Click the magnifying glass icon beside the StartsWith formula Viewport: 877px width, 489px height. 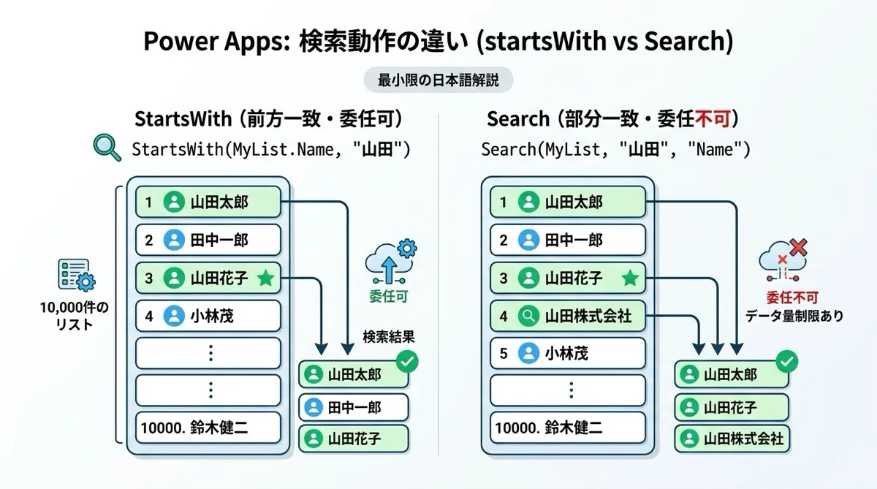pyautogui.click(x=106, y=147)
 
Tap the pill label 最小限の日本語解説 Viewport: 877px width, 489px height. pyautogui.click(x=438, y=80)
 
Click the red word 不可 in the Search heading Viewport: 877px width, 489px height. pyautogui.click(x=712, y=118)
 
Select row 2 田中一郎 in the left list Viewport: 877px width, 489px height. pyautogui.click(x=208, y=240)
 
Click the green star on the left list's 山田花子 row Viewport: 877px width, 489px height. pyautogui.click(x=266, y=278)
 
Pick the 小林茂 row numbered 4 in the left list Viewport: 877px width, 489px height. pyautogui.click(x=208, y=316)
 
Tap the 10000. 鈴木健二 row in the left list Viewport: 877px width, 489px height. pyautogui.click(x=208, y=428)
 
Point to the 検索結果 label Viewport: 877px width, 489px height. pyautogui.click(x=388, y=337)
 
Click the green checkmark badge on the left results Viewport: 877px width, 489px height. pyautogui.click(x=407, y=361)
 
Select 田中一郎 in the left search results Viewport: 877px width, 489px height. pyautogui.click(x=354, y=408)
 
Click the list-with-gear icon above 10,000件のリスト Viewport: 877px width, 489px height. pyautogui.click(x=76, y=275)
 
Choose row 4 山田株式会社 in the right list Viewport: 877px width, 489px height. pyautogui.click(x=568, y=316)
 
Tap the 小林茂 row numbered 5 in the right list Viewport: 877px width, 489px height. pyautogui.click(x=568, y=354)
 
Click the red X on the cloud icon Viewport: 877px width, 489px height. pyautogui.click(x=799, y=247)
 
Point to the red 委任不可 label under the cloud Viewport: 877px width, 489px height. pyautogui.click(x=792, y=298)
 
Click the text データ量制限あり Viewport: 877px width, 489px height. pyautogui.click(x=794, y=316)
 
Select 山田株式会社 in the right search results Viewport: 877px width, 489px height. pyautogui.click(x=732, y=439)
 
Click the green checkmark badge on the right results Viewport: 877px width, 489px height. pyautogui.click(x=787, y=361)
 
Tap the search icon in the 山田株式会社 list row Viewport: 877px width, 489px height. pyautogui.click(x=528, y=316)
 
